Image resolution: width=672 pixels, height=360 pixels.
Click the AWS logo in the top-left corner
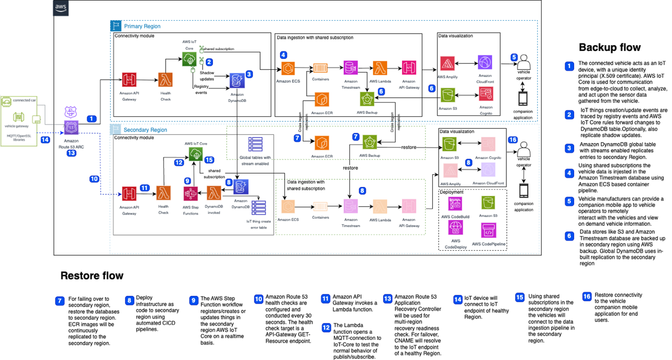(61, 8)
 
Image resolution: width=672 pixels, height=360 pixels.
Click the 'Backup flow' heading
(610, 47)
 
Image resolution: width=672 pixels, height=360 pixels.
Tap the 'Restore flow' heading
(92, 275)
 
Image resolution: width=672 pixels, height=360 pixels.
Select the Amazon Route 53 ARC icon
(71, 128)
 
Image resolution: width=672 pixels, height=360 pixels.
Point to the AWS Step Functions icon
(190, 194)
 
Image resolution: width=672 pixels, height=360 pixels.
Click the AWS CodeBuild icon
(455, 204)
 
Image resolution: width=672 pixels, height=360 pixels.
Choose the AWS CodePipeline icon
(488, 230)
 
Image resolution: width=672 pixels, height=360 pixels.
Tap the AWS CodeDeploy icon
(455, 228)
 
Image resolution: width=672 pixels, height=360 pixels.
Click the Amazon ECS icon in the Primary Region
(288, 68)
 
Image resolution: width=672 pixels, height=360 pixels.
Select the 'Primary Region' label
(142, 26)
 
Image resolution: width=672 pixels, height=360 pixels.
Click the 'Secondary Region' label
(145, 130)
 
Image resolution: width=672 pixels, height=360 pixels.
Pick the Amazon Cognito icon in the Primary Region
(486, 94)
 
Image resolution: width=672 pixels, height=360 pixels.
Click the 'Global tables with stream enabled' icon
(255, 144)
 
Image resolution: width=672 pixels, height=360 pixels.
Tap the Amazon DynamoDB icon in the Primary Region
(237, 81)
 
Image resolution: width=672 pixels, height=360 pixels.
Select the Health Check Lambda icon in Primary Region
(165, 80)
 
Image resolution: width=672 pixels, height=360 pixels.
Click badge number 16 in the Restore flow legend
(587, 296)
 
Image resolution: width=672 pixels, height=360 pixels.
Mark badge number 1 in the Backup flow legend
(569, 66)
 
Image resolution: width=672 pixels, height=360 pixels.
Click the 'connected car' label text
(24, 100)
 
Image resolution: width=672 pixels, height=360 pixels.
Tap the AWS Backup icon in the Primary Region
(367, 99)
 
